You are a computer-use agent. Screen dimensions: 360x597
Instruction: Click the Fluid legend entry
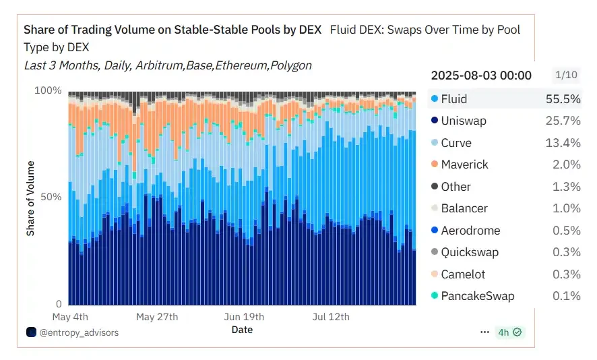click(453, 99)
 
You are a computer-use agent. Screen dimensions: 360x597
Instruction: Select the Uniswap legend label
click(464, 121)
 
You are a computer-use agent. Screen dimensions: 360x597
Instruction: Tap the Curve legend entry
click(456, 143)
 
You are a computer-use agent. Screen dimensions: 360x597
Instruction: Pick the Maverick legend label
click(464, 164)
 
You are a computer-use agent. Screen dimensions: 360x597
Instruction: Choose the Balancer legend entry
click(464, 208)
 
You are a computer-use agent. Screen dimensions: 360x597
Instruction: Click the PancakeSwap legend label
click(477, 296)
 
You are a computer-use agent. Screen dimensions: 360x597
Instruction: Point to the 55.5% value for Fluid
click(563, 99)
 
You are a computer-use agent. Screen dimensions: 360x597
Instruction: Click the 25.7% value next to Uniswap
click(563, 121)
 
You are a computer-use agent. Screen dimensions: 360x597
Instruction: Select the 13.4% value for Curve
click(563, 143)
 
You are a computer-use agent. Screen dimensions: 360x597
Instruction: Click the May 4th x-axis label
click(69, 317)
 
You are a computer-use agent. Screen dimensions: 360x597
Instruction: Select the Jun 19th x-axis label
click(243, 317)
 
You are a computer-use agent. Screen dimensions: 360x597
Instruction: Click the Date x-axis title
click(242, 330)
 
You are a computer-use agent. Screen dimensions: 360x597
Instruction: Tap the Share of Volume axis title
click(30, 198)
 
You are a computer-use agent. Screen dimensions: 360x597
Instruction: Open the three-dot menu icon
click(484, 332)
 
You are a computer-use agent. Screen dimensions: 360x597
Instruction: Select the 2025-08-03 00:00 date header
click(481, 75)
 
